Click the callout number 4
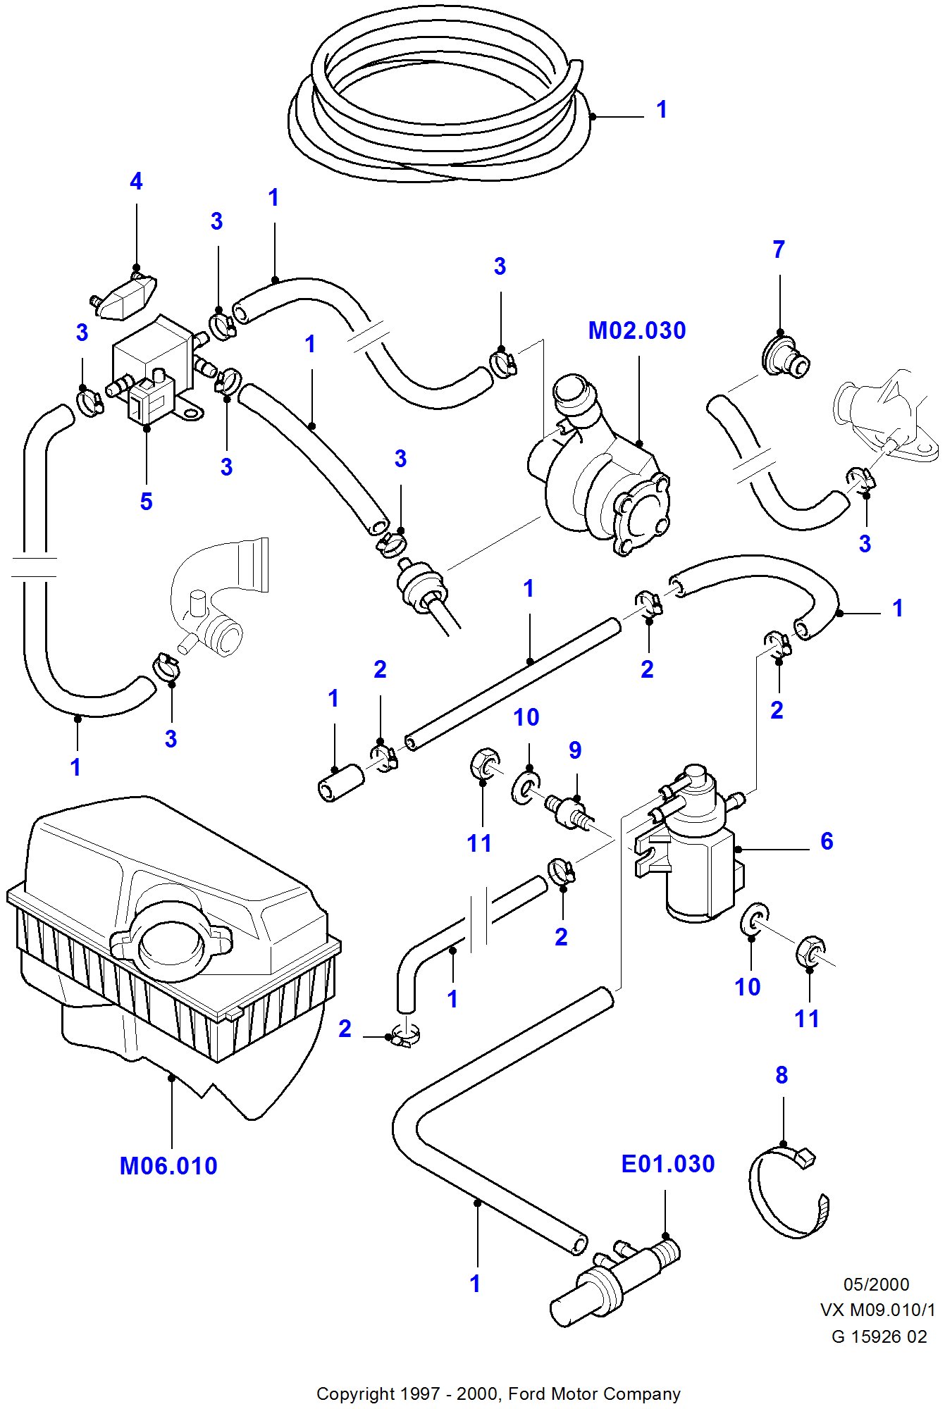[x=136, y=182]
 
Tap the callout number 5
[x=146, y=502]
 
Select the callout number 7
[x=779, y=249]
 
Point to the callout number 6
[x=827, y=841]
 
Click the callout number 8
[x=782, y=1075]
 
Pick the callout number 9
[x=575, y=750]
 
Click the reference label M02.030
[x=637, y=330]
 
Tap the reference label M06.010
[x=168, y=1166]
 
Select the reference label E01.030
[x=667, y=1164]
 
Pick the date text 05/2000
[x=876, y=1284]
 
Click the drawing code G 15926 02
[x=879, y=1336]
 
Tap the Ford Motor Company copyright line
[x=498, y=1394]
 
